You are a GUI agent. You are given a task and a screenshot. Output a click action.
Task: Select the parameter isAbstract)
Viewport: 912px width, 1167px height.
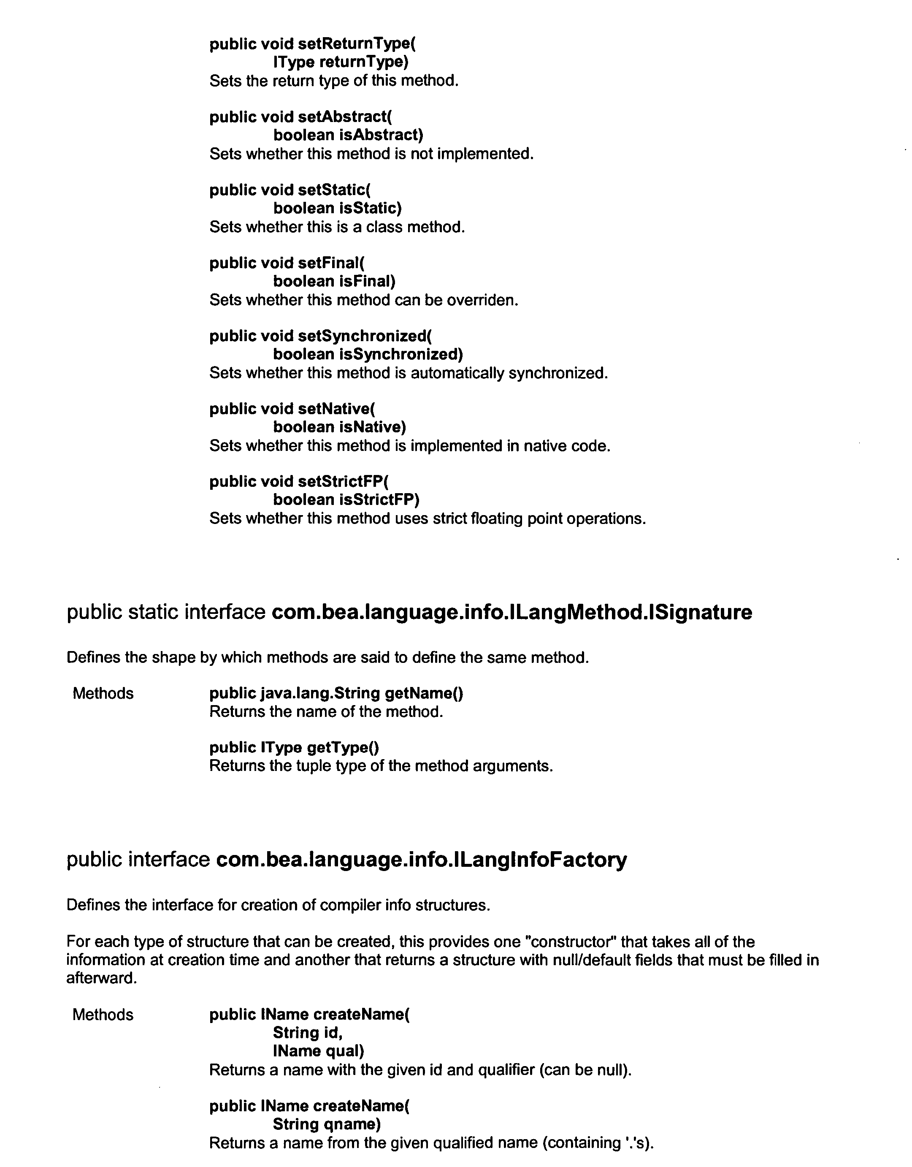tap(381, 135)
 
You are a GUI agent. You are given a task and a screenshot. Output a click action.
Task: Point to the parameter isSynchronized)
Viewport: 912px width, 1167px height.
tap(401, 354)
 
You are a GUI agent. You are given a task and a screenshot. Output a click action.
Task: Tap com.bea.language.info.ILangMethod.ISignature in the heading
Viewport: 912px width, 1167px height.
tap(511, 612)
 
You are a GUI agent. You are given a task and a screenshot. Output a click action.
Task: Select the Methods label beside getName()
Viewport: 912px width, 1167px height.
tap(103, 694)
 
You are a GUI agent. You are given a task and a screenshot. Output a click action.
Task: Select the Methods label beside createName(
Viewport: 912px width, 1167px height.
tap(103, 1015)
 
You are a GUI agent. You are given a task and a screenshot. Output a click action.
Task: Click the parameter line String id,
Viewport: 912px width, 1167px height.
tap(308, 1033)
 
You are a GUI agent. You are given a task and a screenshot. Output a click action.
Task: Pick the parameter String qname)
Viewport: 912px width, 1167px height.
tap(327, 1124)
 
